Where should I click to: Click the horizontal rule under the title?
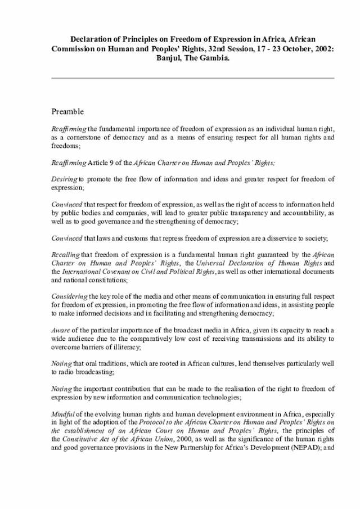click(x=192, y=78)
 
